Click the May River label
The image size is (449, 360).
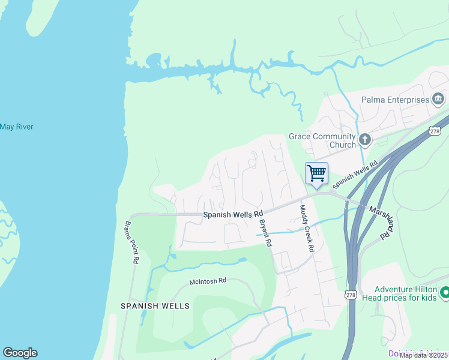coord(16,127)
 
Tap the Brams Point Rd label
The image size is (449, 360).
coord(131,243)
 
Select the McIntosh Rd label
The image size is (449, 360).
coord(208,280)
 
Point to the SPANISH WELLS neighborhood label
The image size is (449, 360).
coord(155,305)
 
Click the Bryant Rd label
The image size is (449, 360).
coord(265,233)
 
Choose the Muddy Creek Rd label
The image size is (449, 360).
coord(307,229)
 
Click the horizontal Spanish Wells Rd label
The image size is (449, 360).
coord(233,214)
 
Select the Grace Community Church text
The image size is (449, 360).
coord(322,140)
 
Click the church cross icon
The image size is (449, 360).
coord(365,140)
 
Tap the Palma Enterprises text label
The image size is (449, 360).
coord(395,100)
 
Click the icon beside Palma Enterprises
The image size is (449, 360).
coord(438,99)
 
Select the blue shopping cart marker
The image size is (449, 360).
coord(316,174)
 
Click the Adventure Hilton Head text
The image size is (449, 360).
coord(405,294)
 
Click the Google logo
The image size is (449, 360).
coord(20,353)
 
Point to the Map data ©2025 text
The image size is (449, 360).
coord(423,355)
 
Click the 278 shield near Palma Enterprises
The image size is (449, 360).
coord(435,130)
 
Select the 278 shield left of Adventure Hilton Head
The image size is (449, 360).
coord(351,294)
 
